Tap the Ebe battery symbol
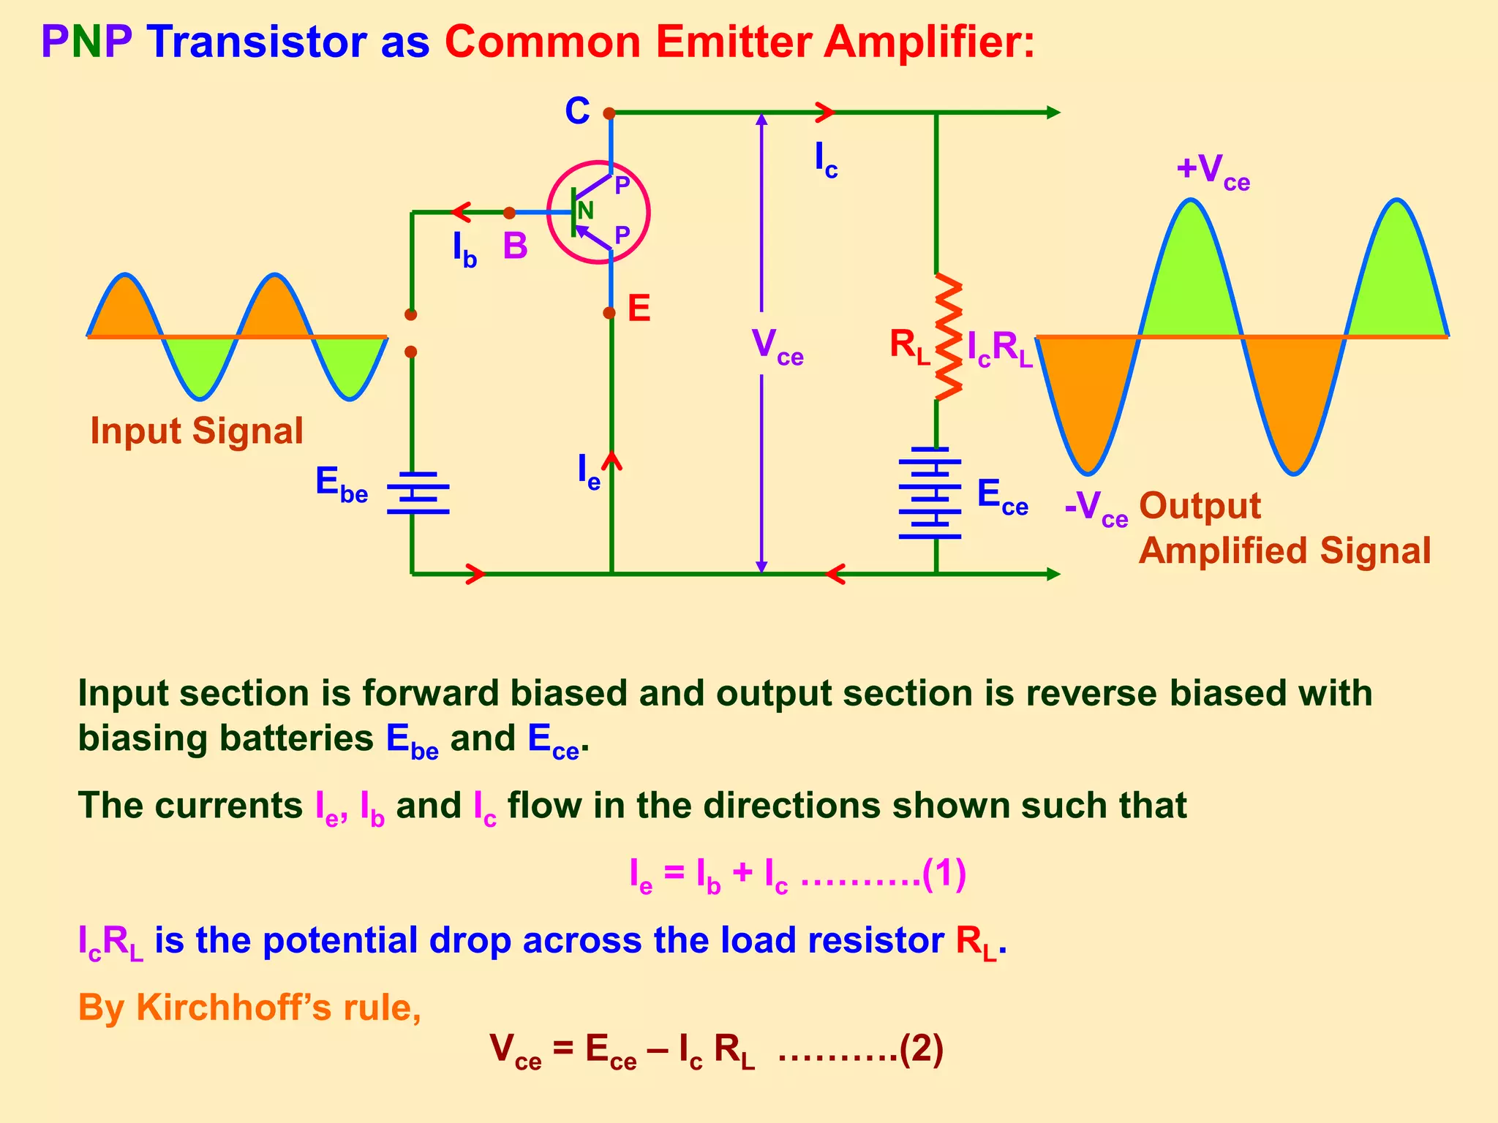click(418, 493)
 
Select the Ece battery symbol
click(930, 493)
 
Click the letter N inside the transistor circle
click(585, 211)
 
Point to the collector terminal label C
click(577, 112)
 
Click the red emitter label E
click(639, 309)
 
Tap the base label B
click(515, 246)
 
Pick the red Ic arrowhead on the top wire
click(825, 113)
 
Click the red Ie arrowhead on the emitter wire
click(611, 461)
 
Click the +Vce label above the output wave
click(1213, 171)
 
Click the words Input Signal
click(196, 431)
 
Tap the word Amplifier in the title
click(929, 42)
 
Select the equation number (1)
click(944, 873)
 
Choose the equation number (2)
click(921, 1049)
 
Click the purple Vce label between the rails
click(777, 347)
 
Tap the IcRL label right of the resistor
click(1000, 348)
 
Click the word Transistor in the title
click(257, 42)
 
